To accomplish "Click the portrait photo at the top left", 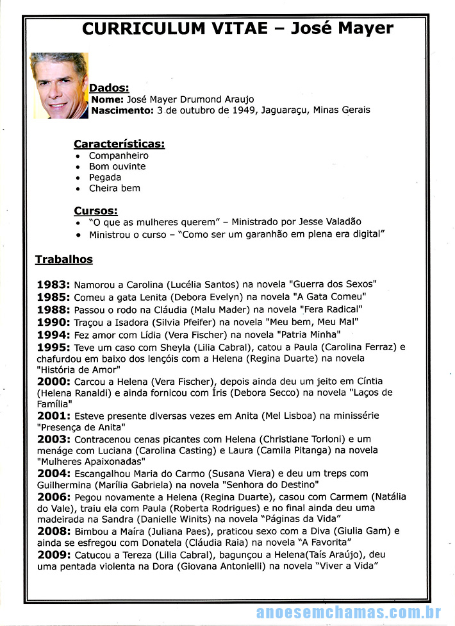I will click(x=59, y=85).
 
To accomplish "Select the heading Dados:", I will click(x=109, y=88).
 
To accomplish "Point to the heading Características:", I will click(x=119, y=144).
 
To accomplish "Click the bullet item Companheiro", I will click(x=119, y=155).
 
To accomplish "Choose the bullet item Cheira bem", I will click(x=114, y=188).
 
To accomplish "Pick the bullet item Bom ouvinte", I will click(x=117, y=166).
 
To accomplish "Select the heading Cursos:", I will click(x=95, y=210).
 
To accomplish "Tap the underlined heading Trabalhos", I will click(x=64, y=259).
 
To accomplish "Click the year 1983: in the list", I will click(x=54, y=283).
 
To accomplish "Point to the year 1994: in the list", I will click(x=54, y=334).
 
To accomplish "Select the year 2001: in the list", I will click(x=54, y=416).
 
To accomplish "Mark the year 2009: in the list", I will click(x=54, y=554).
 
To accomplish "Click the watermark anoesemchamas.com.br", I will click(x=349, y=613).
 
